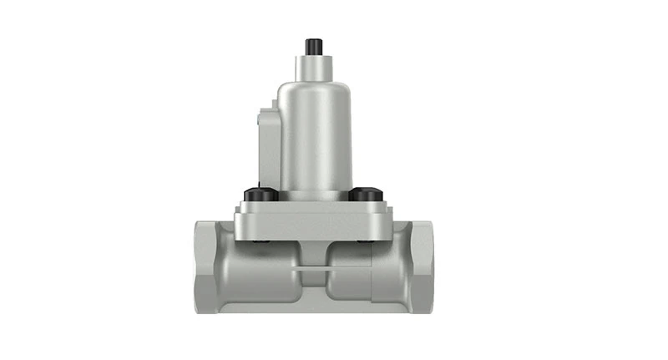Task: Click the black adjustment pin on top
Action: click(x=314, y=45)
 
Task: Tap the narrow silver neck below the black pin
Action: click(x=314, y=64)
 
